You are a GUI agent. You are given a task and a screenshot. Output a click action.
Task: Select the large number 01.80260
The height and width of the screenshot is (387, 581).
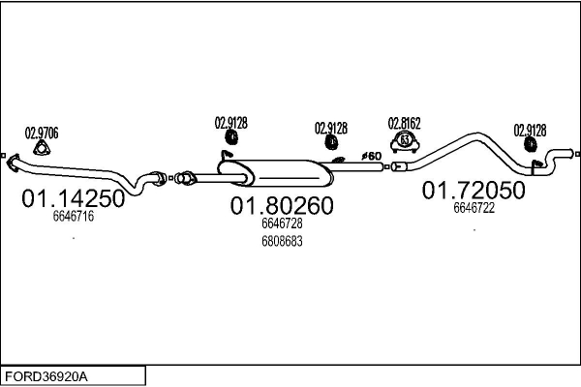[x=281, y=206]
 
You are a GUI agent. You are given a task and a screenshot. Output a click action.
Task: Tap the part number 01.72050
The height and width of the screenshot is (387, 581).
[x=474, y=191]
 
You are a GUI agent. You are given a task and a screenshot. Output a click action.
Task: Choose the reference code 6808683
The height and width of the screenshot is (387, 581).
[x=282, y=241]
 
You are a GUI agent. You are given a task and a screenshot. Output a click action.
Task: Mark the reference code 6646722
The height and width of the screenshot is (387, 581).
[x=474, y=207]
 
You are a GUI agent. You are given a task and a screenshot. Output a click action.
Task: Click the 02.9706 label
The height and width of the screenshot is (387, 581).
[x=41, y=133]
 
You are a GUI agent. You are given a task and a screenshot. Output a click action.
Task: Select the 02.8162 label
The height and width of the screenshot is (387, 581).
[x=405, y=123]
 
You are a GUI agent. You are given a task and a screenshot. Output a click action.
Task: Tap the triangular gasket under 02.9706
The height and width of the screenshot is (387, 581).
[x=41, y=148]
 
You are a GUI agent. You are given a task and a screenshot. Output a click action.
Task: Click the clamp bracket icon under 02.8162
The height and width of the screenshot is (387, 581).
[x=407, y=142]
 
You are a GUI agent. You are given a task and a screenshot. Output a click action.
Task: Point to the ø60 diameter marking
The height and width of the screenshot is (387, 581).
[x=371, y=156]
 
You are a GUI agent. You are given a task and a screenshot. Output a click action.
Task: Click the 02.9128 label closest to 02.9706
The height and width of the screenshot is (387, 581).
[x=230, y=123]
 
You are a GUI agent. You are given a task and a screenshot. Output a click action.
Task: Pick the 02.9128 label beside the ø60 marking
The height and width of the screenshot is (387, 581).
[x=331, y=127]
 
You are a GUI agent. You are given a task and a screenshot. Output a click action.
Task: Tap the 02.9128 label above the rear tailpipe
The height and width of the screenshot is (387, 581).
[x=530, y=130]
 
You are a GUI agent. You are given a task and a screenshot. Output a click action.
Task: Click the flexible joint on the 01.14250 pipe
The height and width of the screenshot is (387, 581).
[x=153, y=178]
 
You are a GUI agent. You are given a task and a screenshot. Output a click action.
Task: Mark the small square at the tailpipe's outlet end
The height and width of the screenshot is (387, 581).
[x=576, y=153]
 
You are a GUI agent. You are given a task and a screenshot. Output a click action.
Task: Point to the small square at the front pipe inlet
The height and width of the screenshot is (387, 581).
[x=4, y=156]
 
